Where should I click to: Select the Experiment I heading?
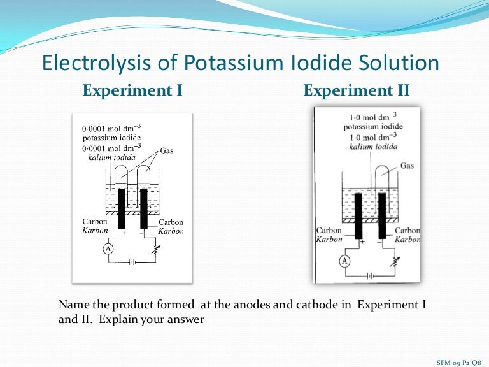[132, 90]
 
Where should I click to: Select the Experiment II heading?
[357, 90]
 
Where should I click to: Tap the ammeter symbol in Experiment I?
[108, 250]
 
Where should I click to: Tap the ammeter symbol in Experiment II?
[344, 261]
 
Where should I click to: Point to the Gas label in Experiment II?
[407, 166]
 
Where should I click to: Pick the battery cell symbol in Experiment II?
[370, 276]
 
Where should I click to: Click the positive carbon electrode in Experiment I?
[122, 208]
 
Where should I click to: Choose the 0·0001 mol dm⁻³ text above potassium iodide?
[112, 129]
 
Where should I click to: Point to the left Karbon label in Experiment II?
[329, 240]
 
